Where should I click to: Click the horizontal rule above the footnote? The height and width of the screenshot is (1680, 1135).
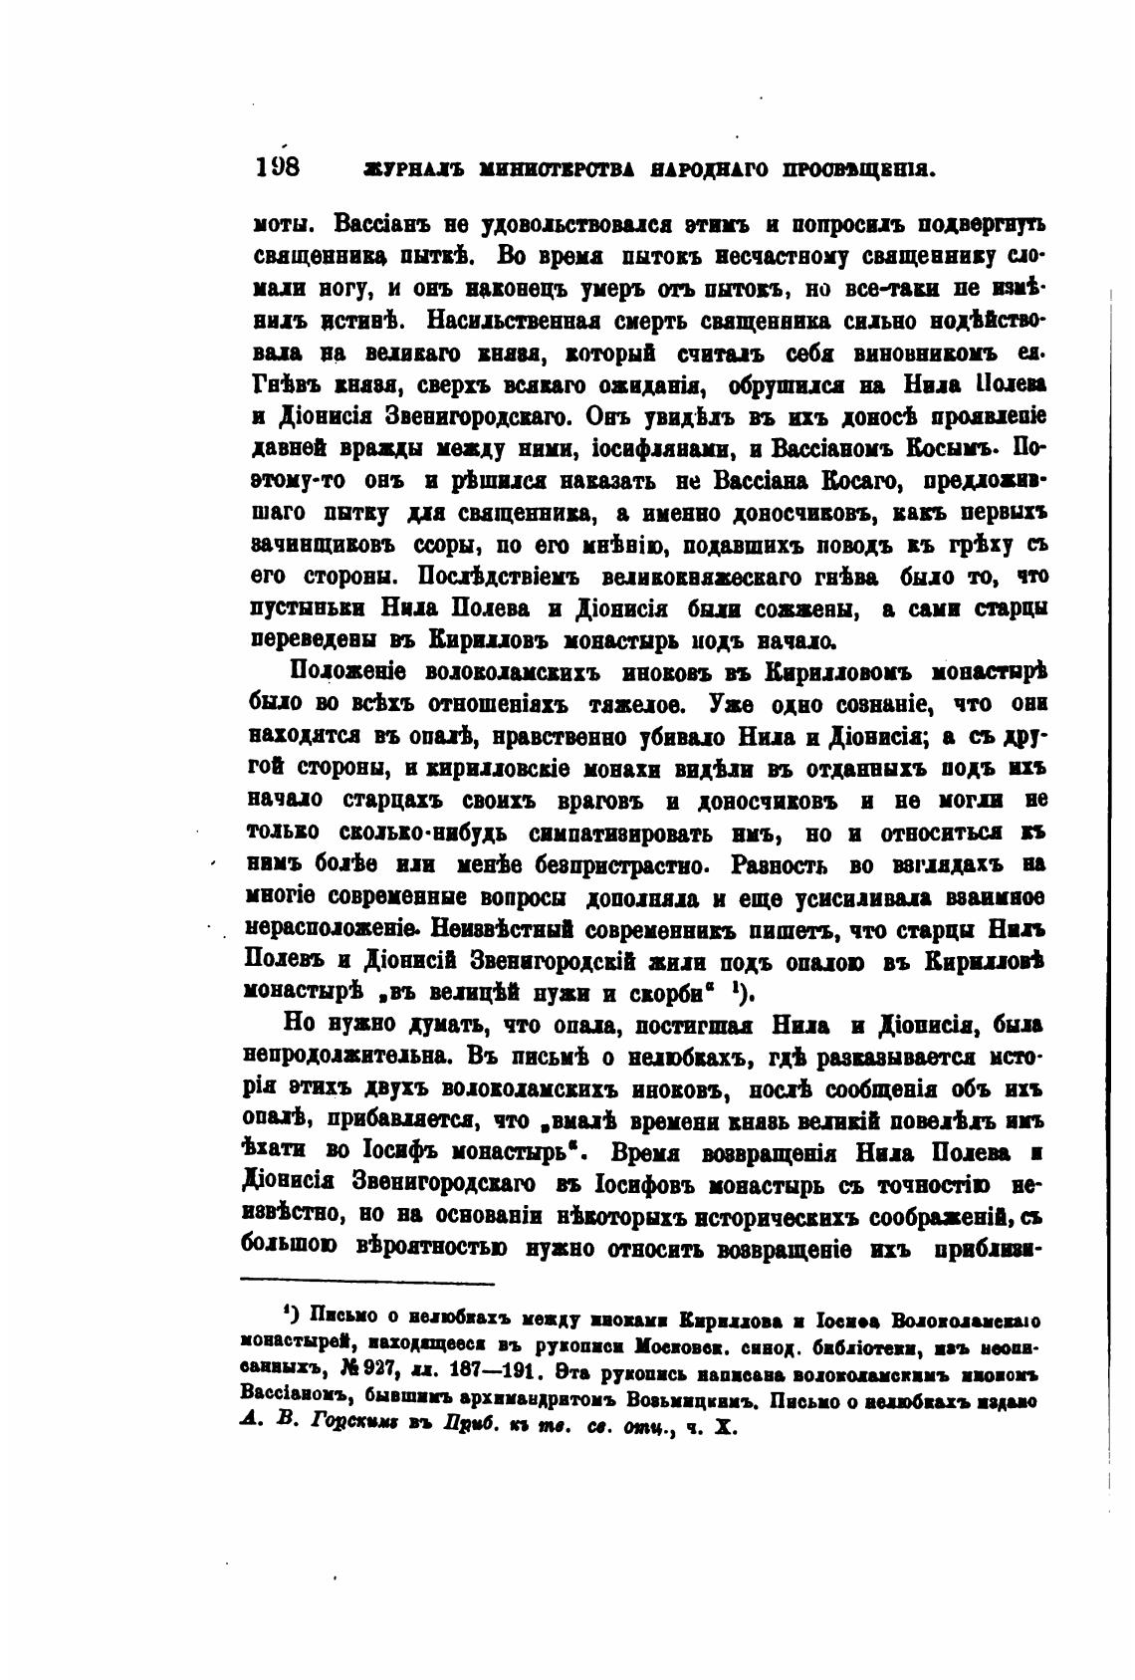(368, 1283)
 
